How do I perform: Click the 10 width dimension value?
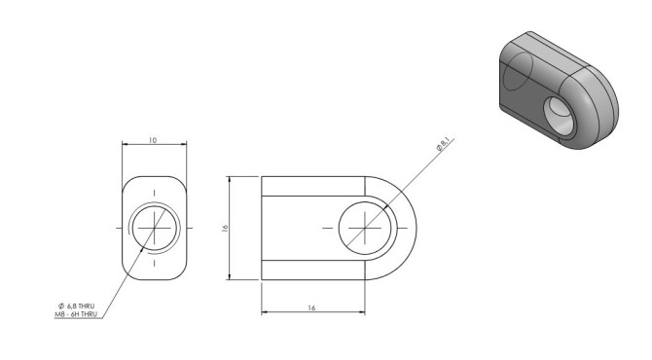pos(153,140)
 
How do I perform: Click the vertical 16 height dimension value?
pos(225,228)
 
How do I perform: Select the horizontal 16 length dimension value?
pos(311,308)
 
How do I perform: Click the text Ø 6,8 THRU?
pos(77,306)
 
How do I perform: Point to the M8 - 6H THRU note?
pos(76,314)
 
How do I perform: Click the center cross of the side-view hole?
pos(365,228)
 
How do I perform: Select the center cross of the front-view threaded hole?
pos(155,228)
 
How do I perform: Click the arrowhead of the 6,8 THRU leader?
pos(143,248)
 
